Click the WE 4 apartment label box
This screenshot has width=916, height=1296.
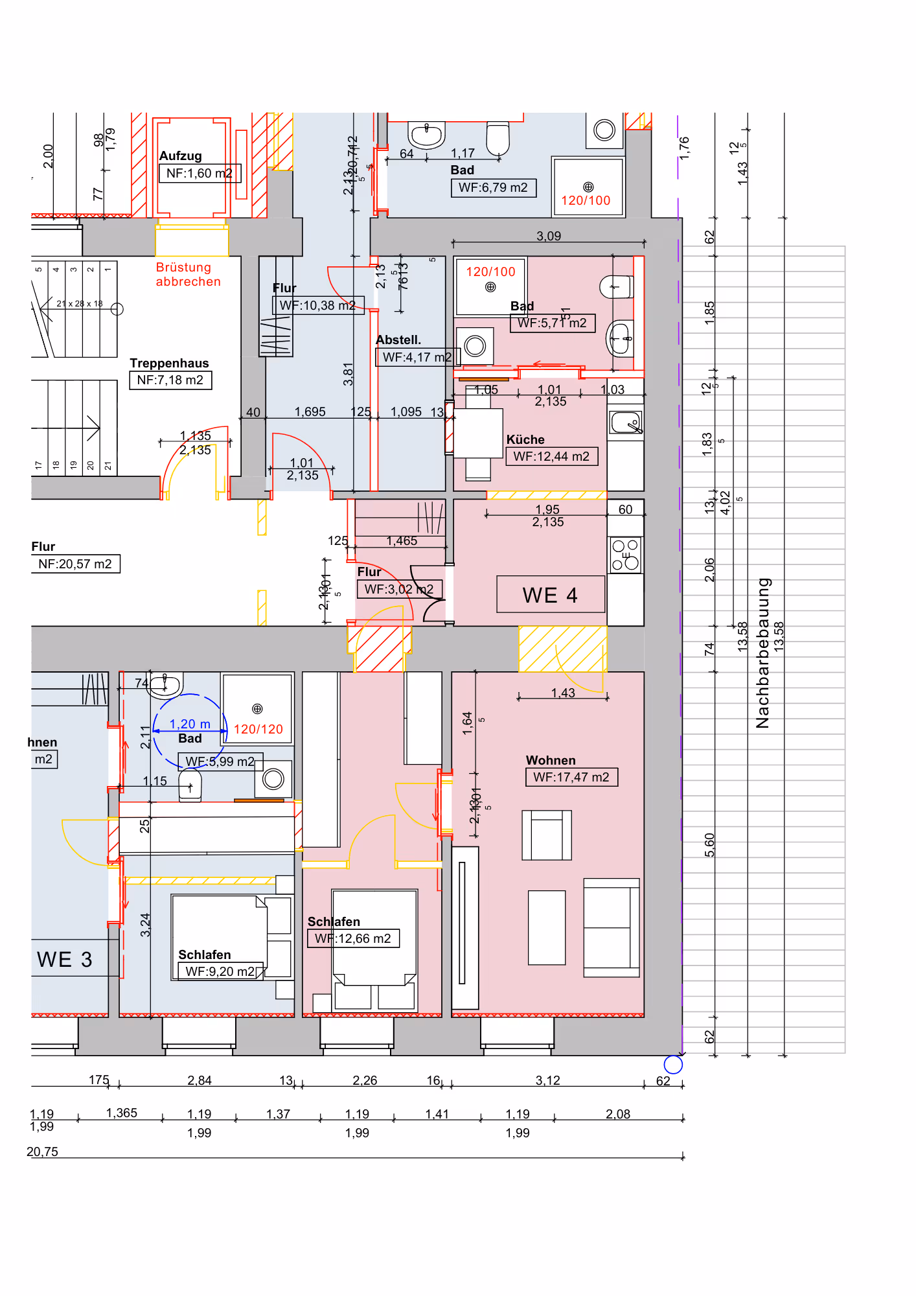(550, 594)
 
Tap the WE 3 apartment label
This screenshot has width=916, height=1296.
(64, 959)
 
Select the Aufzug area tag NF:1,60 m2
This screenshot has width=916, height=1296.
(200, 173)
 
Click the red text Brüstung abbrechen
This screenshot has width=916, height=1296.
(188, 274)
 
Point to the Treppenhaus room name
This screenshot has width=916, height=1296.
(169, 363)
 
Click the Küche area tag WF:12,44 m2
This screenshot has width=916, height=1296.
(551, 456)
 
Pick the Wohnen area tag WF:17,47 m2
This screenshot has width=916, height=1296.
(571, 777)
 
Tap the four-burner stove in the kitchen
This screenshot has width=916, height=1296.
(626, 555)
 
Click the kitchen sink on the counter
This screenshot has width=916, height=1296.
(625, 422)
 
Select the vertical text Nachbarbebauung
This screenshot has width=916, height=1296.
(763, 653)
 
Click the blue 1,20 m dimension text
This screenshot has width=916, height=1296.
(189, 724)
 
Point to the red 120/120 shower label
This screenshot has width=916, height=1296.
(258, 729)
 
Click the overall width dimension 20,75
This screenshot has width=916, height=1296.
(42, 1151)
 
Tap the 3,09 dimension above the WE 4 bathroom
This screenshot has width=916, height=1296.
(548, 236)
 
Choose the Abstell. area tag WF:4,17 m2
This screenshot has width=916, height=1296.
(417, 357)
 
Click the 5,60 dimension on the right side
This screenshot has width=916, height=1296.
(709, 844)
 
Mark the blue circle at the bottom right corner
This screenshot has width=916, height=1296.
(673, 1064)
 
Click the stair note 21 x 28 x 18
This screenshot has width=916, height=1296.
(79, 303)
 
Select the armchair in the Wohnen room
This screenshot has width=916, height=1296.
(547, 835)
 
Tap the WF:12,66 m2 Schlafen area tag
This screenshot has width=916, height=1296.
(353, 938)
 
